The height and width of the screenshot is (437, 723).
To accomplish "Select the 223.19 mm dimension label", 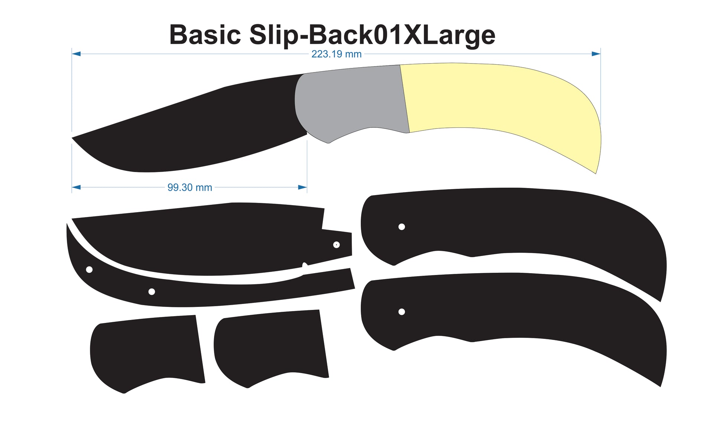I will point(336,54).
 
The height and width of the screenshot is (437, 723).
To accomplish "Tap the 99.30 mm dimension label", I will point(189,187).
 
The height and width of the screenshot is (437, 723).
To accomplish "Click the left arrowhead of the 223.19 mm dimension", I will point(76,54).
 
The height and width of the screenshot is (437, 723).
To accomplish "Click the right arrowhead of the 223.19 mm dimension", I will point(596,54).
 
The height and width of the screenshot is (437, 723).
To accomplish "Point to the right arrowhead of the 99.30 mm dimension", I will point(302,187).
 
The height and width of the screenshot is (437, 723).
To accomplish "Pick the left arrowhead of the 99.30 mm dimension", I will point(76,187).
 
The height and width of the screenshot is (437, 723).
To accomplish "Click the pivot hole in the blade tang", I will point(336,245).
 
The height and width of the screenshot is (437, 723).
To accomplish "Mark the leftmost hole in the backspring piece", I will point(89,269).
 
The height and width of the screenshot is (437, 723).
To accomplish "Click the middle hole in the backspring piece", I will point(152,292).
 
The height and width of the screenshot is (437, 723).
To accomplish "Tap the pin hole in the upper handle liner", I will point(402,227).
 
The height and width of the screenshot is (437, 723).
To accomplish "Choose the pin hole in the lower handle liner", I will point(402,312).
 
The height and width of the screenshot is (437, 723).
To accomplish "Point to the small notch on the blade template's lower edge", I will point(305,266).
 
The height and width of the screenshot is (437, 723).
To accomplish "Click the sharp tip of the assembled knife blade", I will point(72,138).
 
